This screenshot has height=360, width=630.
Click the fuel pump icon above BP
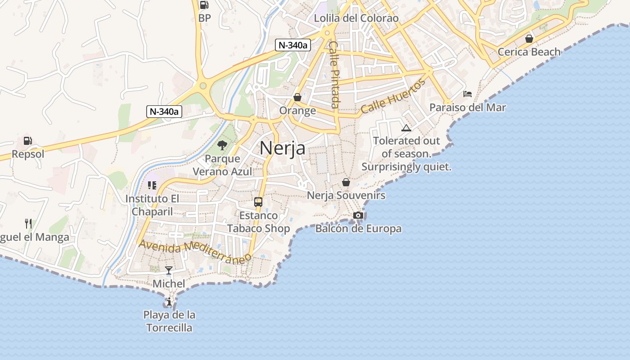tap(204, 5)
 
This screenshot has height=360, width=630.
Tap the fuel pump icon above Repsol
tap(28, 141)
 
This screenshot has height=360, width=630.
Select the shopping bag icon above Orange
tap(297, 97)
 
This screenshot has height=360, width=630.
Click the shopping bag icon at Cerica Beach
tap(529, 39)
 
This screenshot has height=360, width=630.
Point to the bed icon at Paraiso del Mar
tap(468, 94)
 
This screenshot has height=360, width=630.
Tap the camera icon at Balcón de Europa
tap(358, 216)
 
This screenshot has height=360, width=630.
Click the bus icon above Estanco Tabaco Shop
tap(258, 202)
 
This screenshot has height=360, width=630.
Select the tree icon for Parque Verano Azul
tap(222, 145)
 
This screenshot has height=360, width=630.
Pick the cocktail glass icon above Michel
tap(169, 270)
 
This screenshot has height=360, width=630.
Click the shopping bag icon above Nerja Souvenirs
tap(346, 182)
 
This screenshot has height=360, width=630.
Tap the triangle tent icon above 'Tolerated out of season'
tap(406, 128)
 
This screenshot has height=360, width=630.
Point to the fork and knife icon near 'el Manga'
tap(28, 223)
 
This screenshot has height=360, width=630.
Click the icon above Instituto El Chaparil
tap(152, 185)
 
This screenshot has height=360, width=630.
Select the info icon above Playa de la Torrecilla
tap(169, 301)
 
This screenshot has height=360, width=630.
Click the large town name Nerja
tap(283, 148)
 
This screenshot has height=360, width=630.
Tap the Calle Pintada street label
tap(334, 74)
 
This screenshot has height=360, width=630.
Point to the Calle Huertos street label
tap(392, 96)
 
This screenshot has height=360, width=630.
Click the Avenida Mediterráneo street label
tap(195, 252)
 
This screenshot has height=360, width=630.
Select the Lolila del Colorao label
tap(356, 18)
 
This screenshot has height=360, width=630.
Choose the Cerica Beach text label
tap(529, 52)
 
